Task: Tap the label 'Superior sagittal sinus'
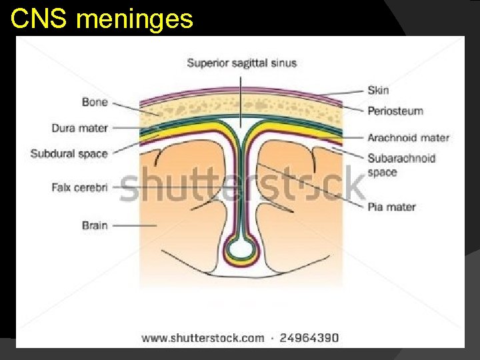241,63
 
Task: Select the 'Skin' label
378,90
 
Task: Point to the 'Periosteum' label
395,111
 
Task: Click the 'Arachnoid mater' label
408,138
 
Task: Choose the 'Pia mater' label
391,207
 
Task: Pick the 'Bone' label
95,102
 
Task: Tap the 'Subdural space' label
69,153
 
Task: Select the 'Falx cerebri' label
79,187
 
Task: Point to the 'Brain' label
95,225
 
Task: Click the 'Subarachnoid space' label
401,165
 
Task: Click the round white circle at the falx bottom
241,250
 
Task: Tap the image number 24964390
309,338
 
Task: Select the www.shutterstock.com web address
203,338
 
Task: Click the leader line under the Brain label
133,226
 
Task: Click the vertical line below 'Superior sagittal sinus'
241,100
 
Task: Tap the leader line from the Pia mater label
313,187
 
